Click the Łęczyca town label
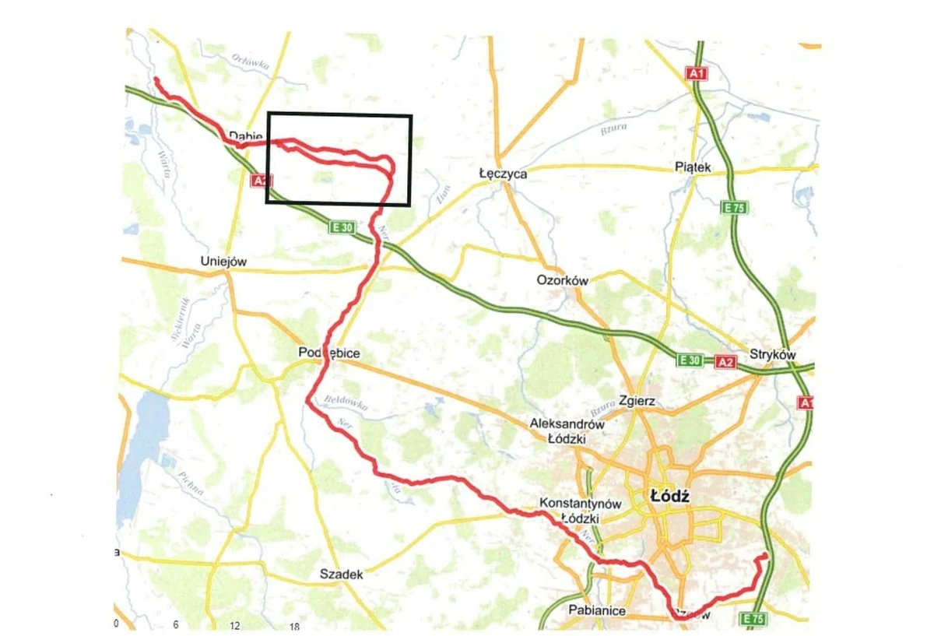502,174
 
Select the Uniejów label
223,262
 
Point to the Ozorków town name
562,280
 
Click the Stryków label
773,354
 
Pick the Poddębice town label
329,353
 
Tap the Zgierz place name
637,402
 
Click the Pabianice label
597,610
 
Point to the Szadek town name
342,575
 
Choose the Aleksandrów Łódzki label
567,431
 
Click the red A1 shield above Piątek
697,73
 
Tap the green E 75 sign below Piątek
734,208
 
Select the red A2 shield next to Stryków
725,362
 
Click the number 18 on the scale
294,626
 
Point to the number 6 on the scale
176,625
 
